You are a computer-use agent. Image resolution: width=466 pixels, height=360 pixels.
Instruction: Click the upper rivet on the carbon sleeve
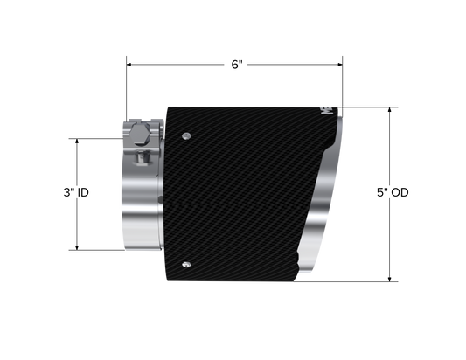pyautogui.click(x=186, y=136)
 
